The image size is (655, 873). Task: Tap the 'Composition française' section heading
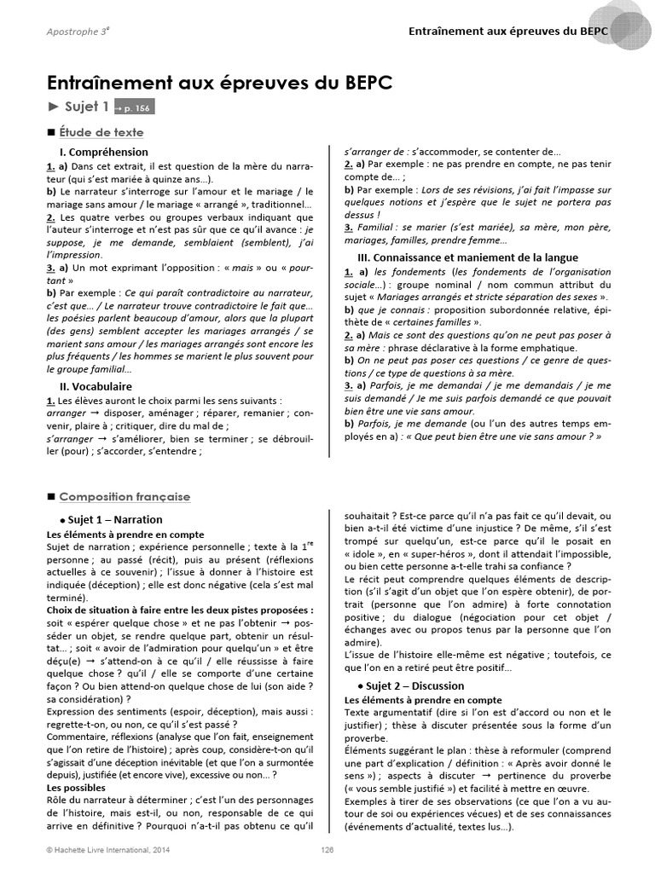pyautogui.click(x=125, y=497)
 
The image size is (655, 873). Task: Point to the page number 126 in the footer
pyautogui.click(x=327, y=849)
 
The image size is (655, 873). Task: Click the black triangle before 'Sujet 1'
pyautogui.click(x=53, y=107)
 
